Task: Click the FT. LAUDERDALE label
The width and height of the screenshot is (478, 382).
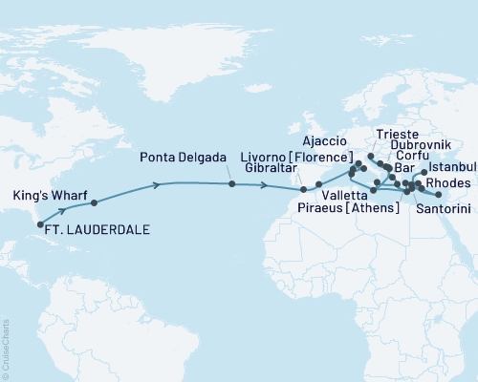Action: tap(92, 229)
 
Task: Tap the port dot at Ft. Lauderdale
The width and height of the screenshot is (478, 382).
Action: tap(40, 225)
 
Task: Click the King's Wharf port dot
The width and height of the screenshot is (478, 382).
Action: tap(93, 203)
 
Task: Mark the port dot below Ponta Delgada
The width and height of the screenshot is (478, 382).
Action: tap(231, 184)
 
